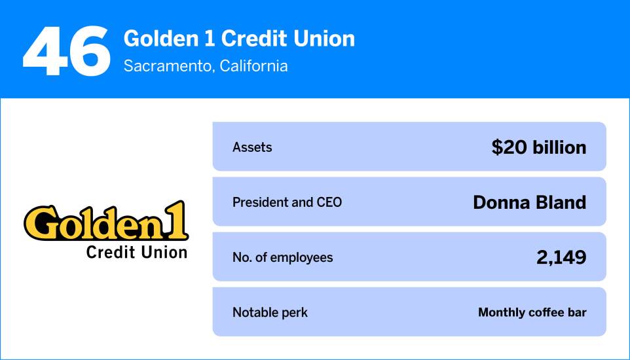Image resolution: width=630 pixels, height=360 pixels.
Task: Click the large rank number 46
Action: click(66, 50)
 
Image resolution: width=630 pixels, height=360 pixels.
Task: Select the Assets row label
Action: click(252, 147)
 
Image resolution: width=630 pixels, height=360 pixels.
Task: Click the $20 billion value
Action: click(538, 147)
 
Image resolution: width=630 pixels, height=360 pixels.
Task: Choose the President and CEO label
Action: click(287, 202)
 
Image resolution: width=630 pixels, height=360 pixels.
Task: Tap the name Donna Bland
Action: click(529, 202)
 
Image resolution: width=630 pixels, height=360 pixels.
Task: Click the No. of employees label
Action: click(282, 257)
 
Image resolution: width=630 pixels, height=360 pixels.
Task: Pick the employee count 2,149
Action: click(561, 257)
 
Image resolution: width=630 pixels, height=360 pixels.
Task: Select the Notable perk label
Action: click(270, 312)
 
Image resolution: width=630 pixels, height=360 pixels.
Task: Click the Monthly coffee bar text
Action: click(532, 312)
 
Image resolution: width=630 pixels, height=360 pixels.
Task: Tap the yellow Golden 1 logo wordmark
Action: click(105, 223)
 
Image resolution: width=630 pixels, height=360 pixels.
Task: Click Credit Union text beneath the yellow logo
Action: click(136, 252)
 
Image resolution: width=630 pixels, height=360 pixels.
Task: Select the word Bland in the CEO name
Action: click(561, 202)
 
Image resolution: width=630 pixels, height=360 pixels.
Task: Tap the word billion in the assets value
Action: click(558, 147)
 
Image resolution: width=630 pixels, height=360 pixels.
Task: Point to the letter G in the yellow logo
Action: click(40, 224)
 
